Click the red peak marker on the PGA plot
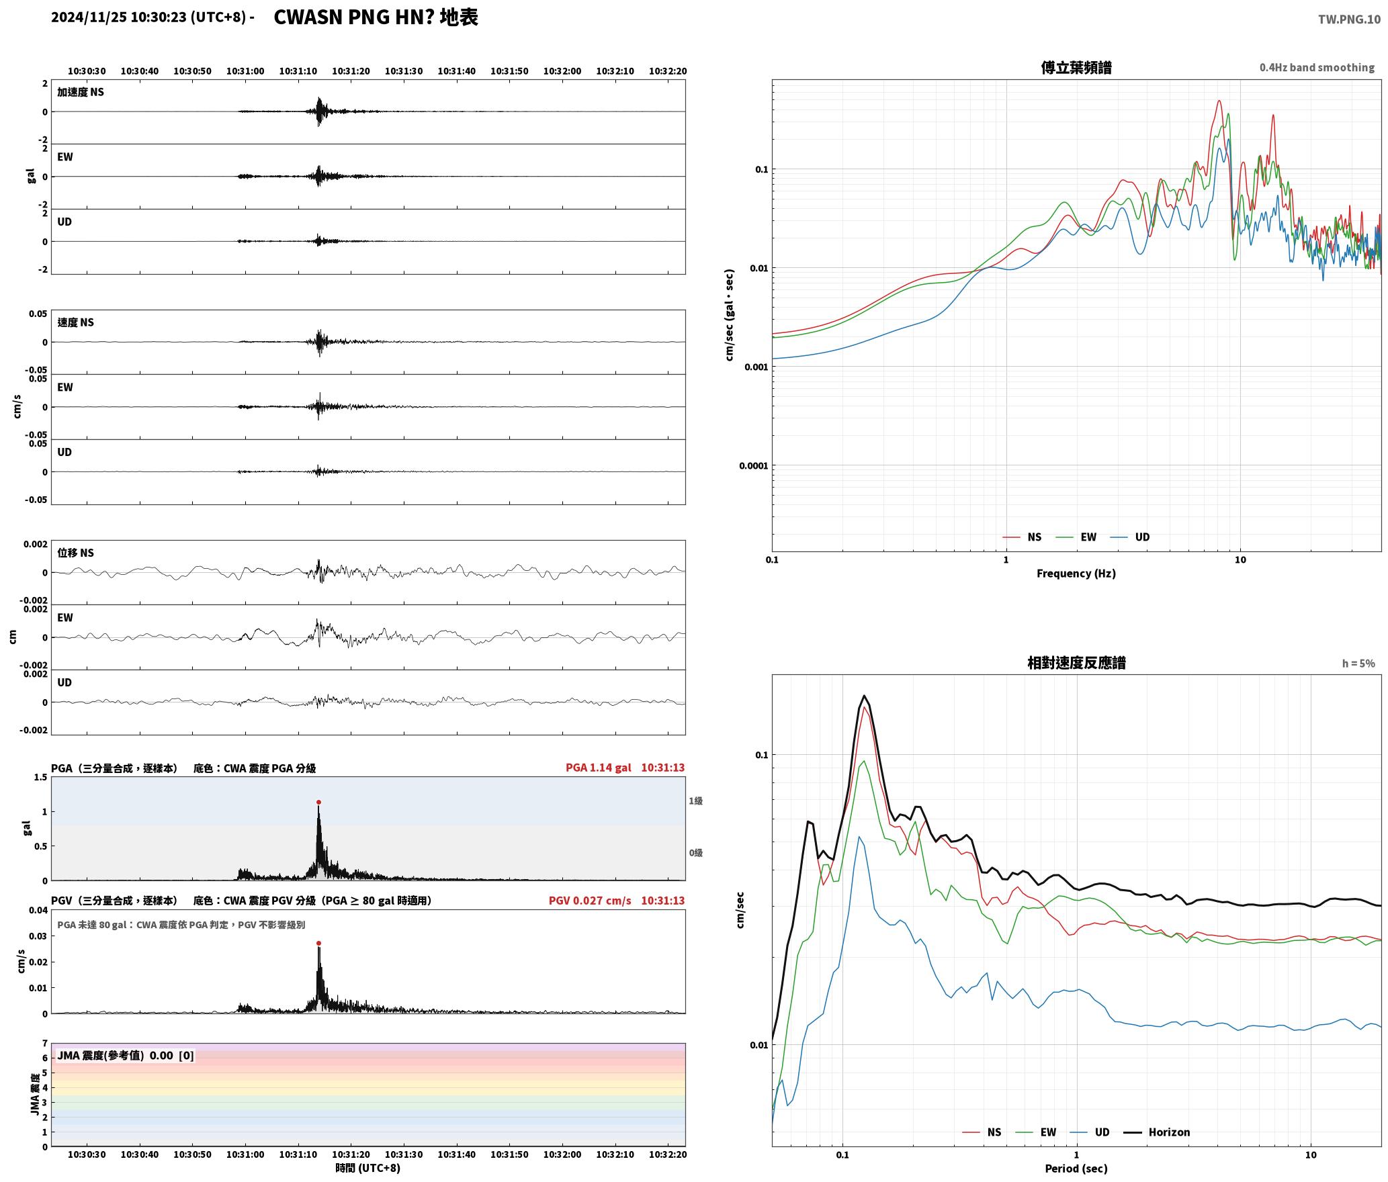318,802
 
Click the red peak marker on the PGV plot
318,943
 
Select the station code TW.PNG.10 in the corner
1349,19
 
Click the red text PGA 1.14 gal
598,768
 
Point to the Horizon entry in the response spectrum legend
1157,1132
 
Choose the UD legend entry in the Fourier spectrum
1130,537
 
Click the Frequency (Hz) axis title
1076,574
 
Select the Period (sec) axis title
1076,1169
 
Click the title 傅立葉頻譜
1076,68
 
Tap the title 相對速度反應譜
1076,663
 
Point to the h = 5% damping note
1358,664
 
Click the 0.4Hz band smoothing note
1317,68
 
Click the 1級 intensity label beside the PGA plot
695,801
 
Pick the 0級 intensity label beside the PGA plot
695,853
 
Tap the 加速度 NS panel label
81,92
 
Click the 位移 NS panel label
75,553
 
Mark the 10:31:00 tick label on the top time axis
245,71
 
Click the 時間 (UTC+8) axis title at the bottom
368,1169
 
